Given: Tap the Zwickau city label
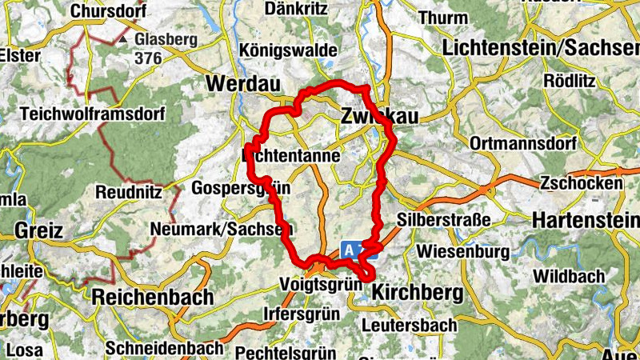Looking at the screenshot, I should [379, 116].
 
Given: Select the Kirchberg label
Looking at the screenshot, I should [418, 293].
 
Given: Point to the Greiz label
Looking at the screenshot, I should [38, 232].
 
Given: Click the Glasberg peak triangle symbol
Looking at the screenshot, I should [123, 38].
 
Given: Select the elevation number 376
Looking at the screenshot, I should [149, 58].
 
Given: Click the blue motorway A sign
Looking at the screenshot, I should [350, 250].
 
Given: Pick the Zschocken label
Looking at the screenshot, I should [581, 183].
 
